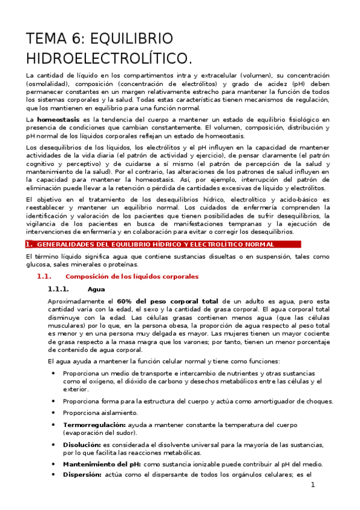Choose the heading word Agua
(x=96, y=289)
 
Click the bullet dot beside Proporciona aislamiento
(x=54, y=413)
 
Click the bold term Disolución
(x=82, y=444)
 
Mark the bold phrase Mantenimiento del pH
(x=102, y=464)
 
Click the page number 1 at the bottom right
(x=313, y=485)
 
